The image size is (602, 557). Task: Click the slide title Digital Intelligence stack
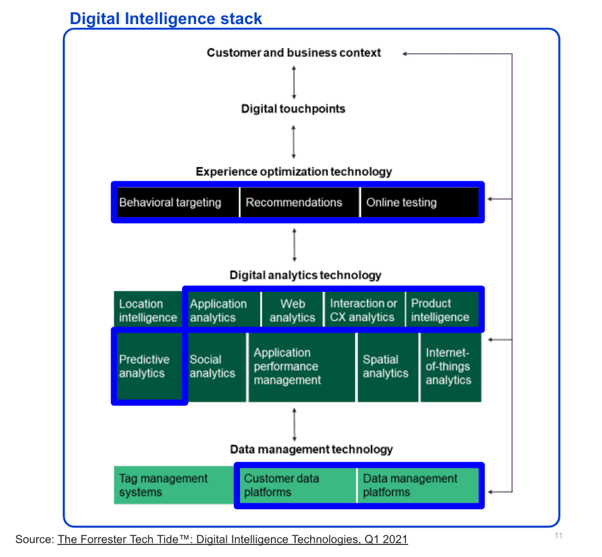[166, 19]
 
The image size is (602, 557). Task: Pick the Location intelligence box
[148, 310]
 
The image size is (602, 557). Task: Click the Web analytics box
[293, 310]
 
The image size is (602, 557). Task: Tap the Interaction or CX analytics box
[364, 310]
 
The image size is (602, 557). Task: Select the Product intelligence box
[442, 310]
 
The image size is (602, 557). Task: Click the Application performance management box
[301, 367]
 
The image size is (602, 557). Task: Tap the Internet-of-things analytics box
[450, 367]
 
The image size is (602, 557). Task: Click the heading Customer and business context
[294, 52]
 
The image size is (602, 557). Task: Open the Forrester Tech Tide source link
[232, 539]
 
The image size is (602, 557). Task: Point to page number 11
[558, 536]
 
